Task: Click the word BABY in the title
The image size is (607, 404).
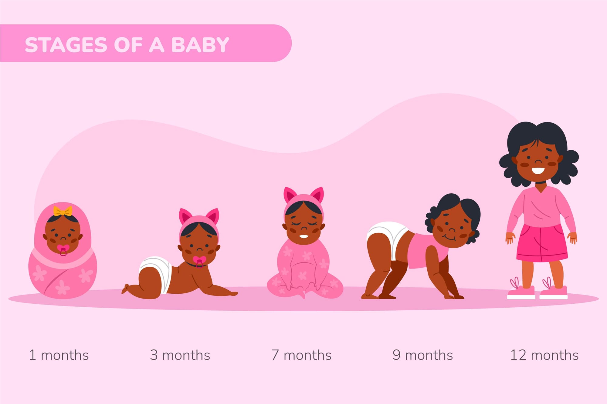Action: click(200, 45)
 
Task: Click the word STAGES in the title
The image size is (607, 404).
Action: click(66, 45)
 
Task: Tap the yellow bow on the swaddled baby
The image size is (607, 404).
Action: click(63, 211)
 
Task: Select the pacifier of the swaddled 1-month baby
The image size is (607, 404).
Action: click(63, 250)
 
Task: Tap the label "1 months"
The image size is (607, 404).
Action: click(59, 355)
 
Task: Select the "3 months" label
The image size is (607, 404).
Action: click(180, 355)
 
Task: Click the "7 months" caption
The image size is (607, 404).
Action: click(301, 355)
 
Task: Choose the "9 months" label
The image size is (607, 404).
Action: click(422, 355)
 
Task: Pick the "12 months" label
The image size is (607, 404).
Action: click(544, 355)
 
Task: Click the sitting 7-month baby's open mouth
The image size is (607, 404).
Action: click(303, 236)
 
